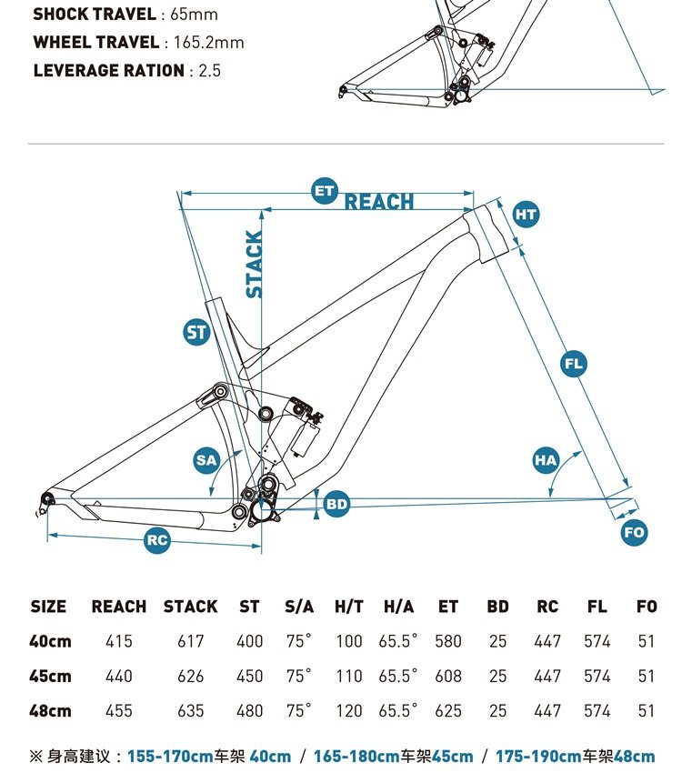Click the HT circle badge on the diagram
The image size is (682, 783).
click(526, 215)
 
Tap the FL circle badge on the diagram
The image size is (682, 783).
click(573, 365)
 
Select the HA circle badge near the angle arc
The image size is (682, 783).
click(545, 460)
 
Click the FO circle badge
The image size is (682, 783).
click(635, 532)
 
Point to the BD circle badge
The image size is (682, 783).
click(336, 503)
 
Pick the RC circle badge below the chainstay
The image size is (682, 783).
click(157, 540)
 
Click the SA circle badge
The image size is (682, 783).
click(206, 460)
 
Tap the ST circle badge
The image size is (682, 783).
click(197, 333)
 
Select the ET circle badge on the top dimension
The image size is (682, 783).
click(325, 191)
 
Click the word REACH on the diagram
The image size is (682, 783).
click(379, 202)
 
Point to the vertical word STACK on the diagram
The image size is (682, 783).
click(255, 264)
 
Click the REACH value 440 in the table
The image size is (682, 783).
click(119, 676)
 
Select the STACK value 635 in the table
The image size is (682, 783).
click(191, 710)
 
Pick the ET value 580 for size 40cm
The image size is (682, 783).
click(448, 641)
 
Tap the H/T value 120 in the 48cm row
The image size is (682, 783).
click(349, 710)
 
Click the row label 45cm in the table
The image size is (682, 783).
click(50, 676)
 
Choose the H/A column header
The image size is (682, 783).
click(398, 607)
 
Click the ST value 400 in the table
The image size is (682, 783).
click(249, 641)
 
